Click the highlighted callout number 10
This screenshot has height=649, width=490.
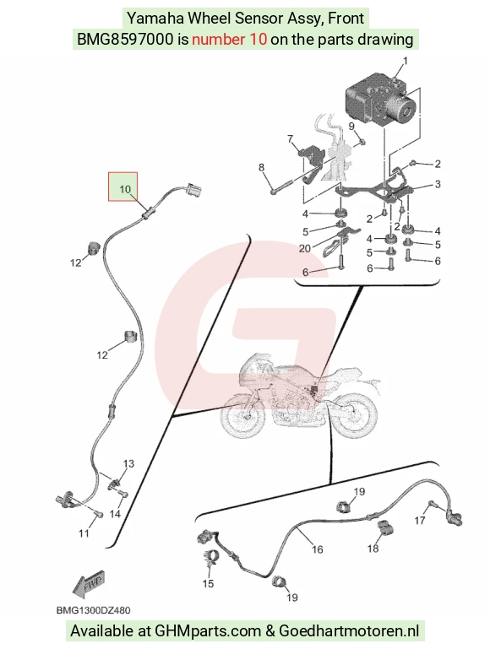(x=125, y=189)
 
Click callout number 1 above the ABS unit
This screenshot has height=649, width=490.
(x=405, y=61)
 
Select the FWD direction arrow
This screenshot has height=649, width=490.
(x=88, y=584)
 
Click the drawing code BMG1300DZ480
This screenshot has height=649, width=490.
(x=93, y=610)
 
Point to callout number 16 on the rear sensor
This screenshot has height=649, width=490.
(x=318, y=549)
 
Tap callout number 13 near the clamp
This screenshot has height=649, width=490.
(x=128, y=463)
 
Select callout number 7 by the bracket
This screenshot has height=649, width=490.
(x=291, y=139)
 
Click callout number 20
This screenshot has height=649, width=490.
(x=304, y=248)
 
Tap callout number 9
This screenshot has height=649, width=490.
(x=351, y=126)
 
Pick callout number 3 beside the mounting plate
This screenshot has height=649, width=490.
(x=438, y=184)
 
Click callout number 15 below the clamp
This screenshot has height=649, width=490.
(x=208, y=583)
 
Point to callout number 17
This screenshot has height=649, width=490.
(x=420, y=520)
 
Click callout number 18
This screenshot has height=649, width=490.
(x=373, y=548)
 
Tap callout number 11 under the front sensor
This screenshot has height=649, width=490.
(x=84, y=533)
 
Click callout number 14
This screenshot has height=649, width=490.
(x=115, y=514)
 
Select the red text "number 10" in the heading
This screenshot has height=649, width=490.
(x=229, y=40)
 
